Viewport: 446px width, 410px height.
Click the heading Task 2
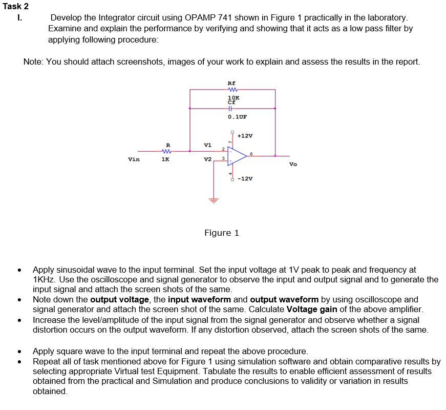[x=15, y=6]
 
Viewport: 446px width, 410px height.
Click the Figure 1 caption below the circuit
[x=221, y=233]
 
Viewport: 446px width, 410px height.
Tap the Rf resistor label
[x=231, y=83]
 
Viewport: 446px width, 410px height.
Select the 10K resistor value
[x=233, y=97]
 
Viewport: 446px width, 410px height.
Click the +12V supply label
[x=245, y=136]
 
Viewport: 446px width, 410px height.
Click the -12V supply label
[x=245, y=178]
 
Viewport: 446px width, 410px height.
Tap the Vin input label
[x=134, y=159]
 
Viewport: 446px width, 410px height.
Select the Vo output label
[x=292, y=165]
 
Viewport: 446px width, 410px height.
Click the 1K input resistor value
[x=165, y=159]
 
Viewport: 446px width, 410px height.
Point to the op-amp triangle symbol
[x=237, y=156]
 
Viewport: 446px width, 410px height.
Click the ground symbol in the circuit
[x=213, y=199]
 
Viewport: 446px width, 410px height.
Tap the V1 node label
[x=207, y=145]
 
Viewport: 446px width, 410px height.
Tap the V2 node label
[x=207, y=159]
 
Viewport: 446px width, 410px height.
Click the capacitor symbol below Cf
[x=230, y=108]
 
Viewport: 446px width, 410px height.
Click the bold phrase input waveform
[x=200, y=299]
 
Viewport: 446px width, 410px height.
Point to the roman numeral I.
[x=19, y=18]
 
